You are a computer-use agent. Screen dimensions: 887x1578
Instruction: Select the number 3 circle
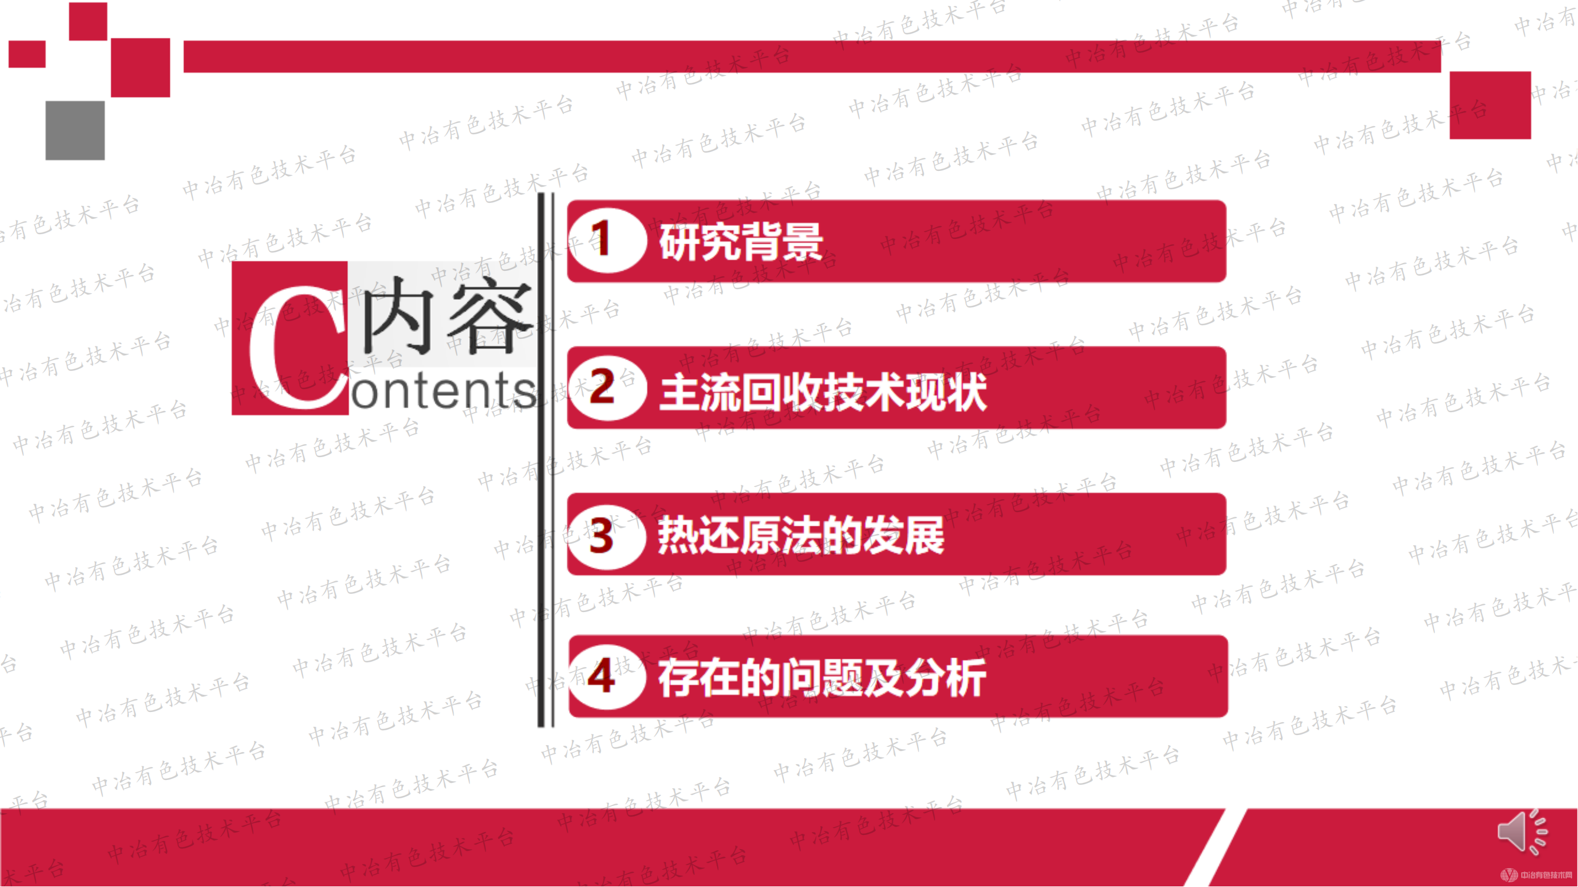click(x=606, y=536)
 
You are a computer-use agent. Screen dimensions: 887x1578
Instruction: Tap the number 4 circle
click(x=606, y=676)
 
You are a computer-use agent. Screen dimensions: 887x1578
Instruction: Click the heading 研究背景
click(x=741, y=242)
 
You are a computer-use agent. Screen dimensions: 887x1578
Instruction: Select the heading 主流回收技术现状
click(x=823, y=392)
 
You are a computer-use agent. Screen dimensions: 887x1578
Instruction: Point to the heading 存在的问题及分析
click(x=822, y=678)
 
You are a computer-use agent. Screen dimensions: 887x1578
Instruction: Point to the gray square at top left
click(x=75, y=130)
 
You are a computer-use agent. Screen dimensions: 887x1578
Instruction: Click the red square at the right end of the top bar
click(x=1490, y=105)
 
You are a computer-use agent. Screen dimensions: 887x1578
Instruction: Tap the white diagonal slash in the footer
click(x=1216, y=848)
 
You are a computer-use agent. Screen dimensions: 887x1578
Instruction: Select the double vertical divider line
click(x=546, y=459)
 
